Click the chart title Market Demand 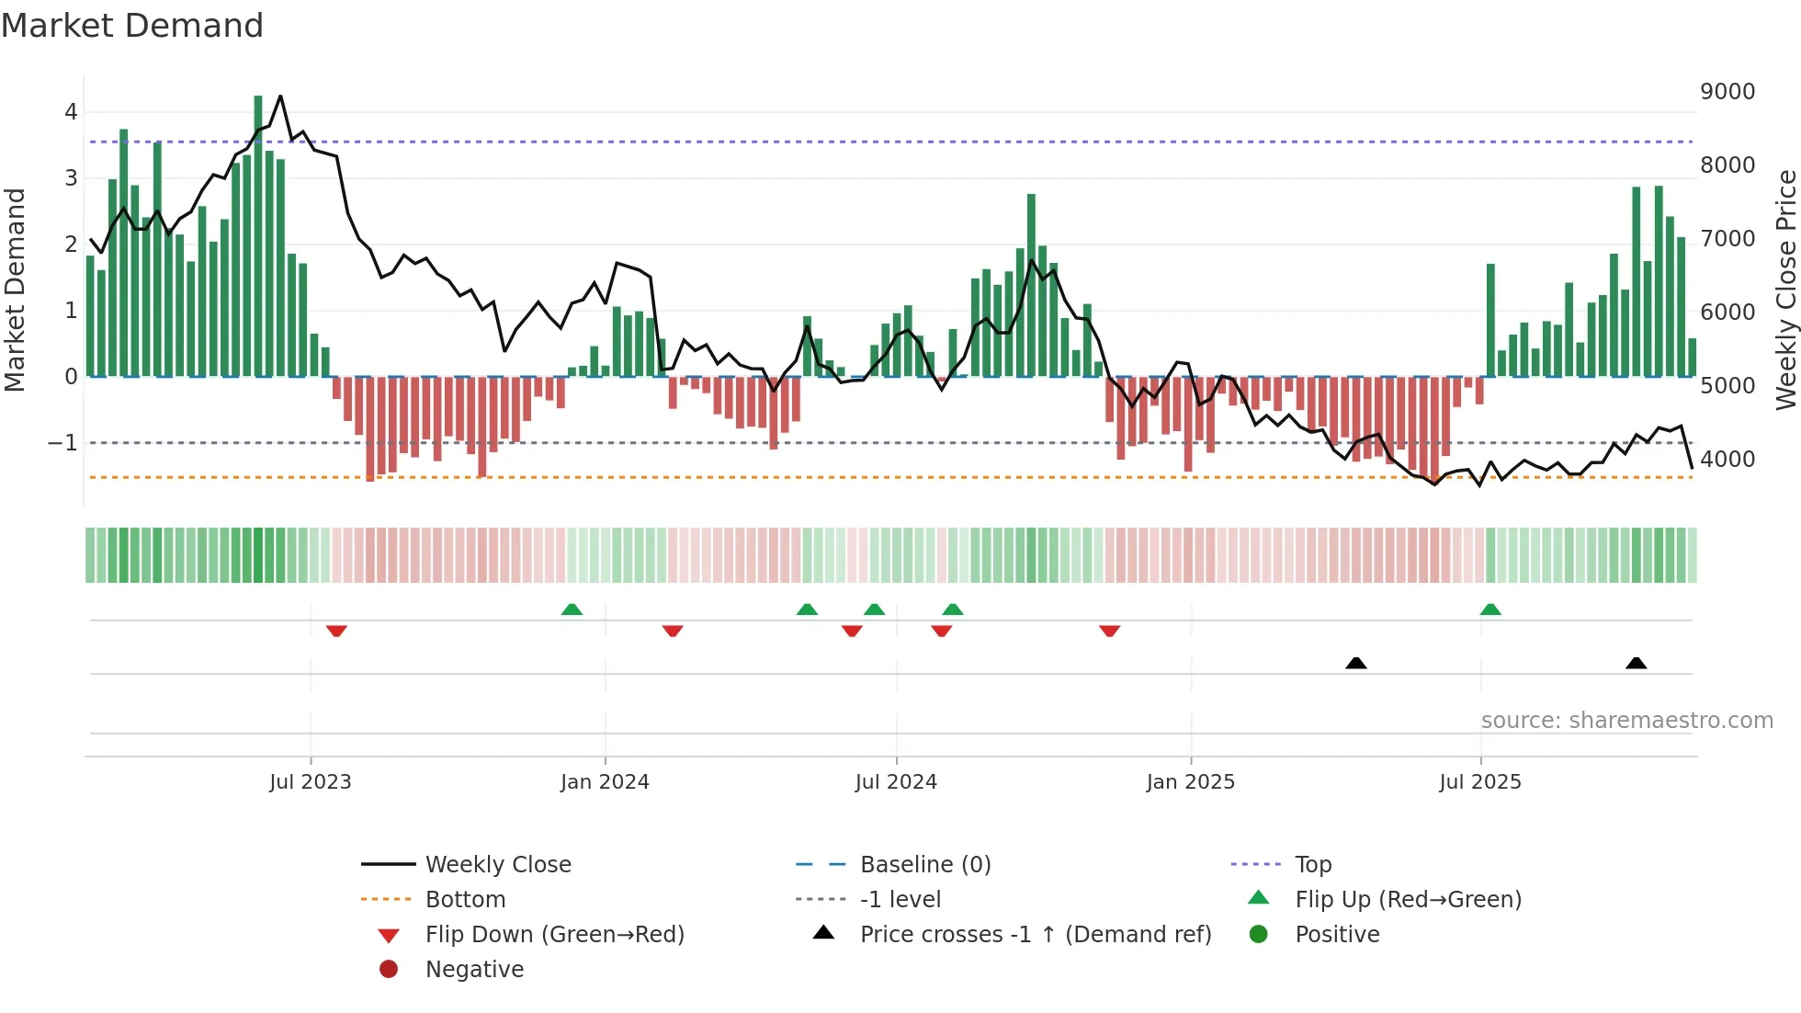[132, 26]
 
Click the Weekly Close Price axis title [1785, 290]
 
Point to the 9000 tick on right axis [1727, 92]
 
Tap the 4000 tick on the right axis [1727, 460]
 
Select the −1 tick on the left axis [62, 443]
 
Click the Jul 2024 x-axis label [896, 782]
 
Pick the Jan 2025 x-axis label [1190, 782]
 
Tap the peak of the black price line [280, 97]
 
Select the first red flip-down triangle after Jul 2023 [336, 631]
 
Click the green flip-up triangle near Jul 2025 [1490, 609]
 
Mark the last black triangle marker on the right [1636, 663]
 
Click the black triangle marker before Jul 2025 [1355, 663]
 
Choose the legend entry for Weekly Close [497, 865]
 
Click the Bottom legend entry [465, 900]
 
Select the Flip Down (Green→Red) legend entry [554, 935]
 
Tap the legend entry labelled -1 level [900, 900]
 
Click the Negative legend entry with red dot [474, 970]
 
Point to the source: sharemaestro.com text [1626, 721]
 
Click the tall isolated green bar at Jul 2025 [1490, 320]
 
